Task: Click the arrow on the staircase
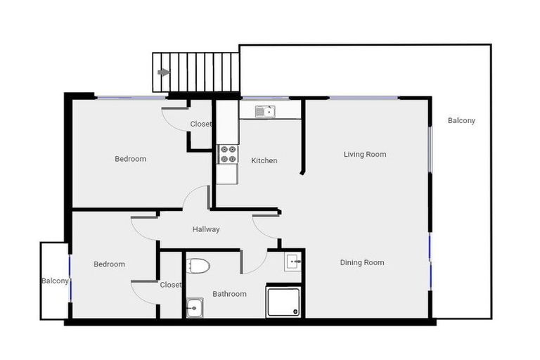coord(164,72)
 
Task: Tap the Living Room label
coord(364,154)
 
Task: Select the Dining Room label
coord(362,262)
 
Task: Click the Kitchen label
coord(264,160)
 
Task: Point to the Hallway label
coord(206,229)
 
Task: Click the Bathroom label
coord(229,294)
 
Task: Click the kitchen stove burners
coord(227,154)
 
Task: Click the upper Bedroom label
coord(131,159)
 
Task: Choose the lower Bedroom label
coord(110,264)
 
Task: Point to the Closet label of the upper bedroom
coord(200,124)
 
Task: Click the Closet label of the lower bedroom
coord(170,285)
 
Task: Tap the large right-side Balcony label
coord(461,120)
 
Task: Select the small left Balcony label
coord(54,281)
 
